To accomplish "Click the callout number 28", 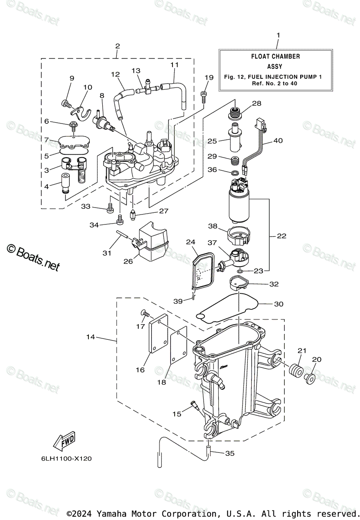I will click(269, 104).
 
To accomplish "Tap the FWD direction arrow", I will click(64, 441).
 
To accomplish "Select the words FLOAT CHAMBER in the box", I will click(275, 56).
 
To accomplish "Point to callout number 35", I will click(230, 453).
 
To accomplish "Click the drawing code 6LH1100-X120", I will click(68, 458).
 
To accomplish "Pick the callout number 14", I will click(90, 337).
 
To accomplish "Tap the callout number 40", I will click(278, 140).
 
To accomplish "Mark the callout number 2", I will click(117, 46).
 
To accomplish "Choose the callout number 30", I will click(278, 304).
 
